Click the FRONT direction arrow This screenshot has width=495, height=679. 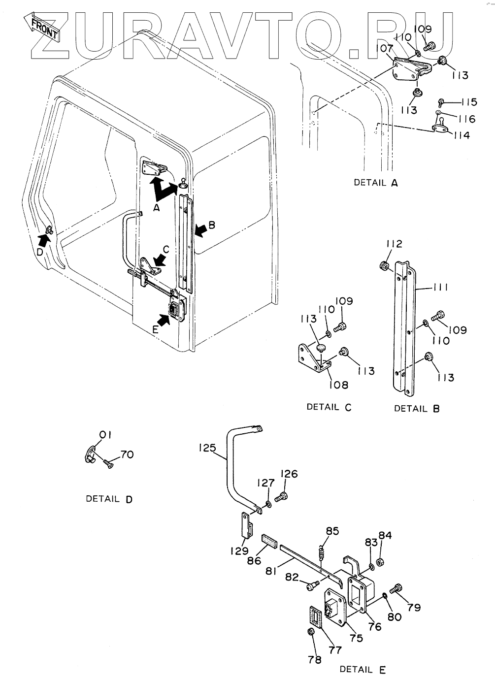pos(41,27)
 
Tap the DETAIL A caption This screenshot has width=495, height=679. pos(375,183)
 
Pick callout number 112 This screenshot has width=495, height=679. pos(394,244)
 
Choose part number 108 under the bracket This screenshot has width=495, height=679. pos(338,385)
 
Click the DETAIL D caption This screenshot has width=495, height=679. pos(109,499)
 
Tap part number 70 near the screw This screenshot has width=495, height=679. pos(127,454)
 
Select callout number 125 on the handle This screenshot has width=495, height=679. pos(207,448)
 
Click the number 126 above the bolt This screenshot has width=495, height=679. pos(289,474)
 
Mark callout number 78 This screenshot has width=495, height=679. pos(314,660)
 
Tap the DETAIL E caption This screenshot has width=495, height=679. pos(363,670)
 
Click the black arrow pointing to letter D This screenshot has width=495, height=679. pos(44,240)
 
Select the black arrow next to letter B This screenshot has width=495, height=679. pos(201,229)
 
